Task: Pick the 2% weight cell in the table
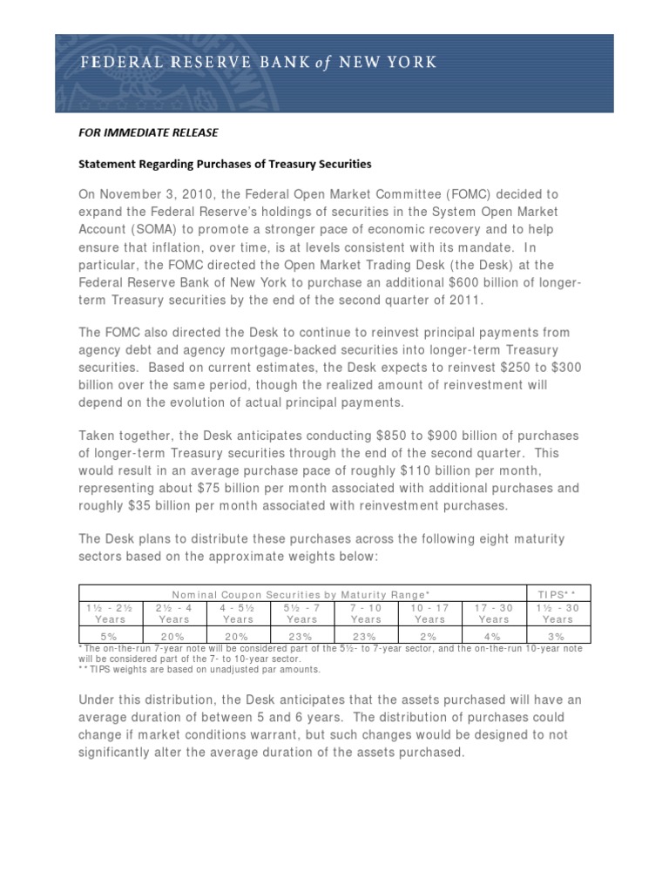click(429, 637)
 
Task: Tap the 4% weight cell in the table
click(493, 637)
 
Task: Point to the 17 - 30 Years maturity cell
click(493, 612)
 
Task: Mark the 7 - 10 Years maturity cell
click(366, 612)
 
